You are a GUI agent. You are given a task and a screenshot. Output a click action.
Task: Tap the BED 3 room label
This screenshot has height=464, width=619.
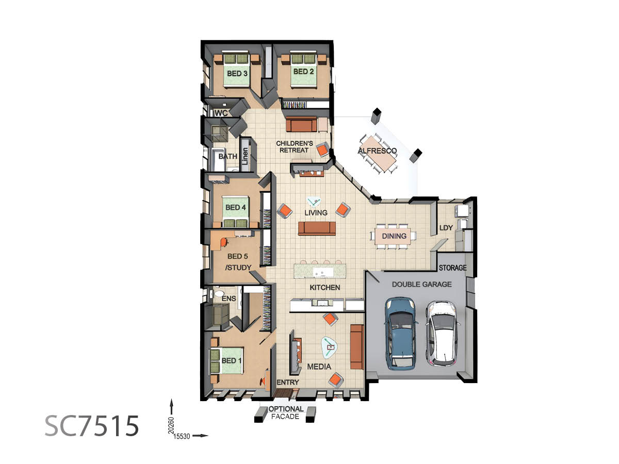[x=237, y=74]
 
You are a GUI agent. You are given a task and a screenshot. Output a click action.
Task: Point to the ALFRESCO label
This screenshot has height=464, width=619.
[x=377, y=151]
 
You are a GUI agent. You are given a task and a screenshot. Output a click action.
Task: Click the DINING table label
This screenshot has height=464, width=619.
[x=394, y=236]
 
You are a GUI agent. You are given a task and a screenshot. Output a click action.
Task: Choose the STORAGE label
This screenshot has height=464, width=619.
[x=452, y=268]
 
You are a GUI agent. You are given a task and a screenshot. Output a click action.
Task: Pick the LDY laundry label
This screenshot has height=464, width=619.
[x=446, y=228]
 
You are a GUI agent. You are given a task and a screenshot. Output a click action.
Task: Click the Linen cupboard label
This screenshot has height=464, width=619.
[x=245, y=156]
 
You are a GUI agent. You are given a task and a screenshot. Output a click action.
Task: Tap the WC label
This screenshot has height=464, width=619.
[x=221, y=113]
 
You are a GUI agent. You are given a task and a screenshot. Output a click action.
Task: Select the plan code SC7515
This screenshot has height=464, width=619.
[x=92, y=426]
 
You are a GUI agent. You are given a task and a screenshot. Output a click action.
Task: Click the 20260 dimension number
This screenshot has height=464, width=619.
[x=171, y=425]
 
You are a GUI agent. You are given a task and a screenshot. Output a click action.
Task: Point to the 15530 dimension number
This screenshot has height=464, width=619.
[x=182, y=436]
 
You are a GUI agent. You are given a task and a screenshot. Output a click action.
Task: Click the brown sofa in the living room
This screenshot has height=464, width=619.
[x=317, y=228]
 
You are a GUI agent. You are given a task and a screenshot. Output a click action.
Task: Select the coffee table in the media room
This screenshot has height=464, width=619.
[x=329, y=347]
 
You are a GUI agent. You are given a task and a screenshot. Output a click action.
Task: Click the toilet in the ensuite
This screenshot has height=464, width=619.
[x=218, y=294]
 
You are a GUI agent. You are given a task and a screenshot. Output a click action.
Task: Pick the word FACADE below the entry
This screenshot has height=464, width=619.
[x=285, y=417]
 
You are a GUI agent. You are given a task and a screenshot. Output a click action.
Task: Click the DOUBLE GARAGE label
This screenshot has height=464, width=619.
[x=421, y=284]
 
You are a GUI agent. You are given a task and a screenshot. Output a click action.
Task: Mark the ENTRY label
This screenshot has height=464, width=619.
[x=288, y=383]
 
